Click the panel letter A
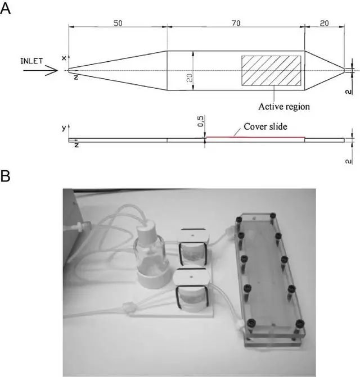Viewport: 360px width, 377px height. coord(5,9)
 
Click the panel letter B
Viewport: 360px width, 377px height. coord(5,176)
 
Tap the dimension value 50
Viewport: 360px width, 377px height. coord(118,24)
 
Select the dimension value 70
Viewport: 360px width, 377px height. coord(236,24)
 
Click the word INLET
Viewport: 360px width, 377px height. coord(31,61)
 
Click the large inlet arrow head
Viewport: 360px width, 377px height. coord(52,70)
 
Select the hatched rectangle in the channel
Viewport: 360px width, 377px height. coord(271,70)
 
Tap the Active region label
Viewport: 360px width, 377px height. coord(284,107)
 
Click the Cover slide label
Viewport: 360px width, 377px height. coord(265,126)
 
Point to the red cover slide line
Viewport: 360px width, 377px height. coord(255,137)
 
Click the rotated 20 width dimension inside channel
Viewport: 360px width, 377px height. coord(190,78)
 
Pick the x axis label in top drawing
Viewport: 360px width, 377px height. coord(64,58)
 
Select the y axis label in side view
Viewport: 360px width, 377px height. coord(64,128)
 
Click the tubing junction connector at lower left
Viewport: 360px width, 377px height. coord(127,308)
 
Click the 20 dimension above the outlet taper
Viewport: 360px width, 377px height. coord(325,24)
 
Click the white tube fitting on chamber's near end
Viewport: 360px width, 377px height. coord(241,324)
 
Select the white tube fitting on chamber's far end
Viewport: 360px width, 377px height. coord(230,230)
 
